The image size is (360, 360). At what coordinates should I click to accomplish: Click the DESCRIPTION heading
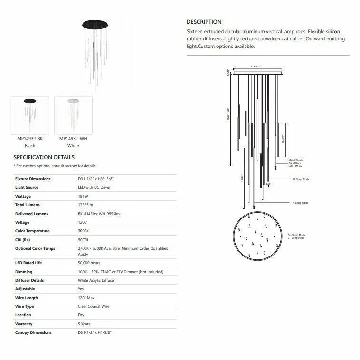click(204, 22)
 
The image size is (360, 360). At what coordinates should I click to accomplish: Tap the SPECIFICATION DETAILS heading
click(44, 157)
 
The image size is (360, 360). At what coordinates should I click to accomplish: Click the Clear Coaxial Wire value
click(94, 306)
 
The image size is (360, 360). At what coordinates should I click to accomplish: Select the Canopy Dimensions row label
click(33, 332)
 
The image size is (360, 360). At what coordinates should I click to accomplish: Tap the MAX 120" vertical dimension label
click(228, 114)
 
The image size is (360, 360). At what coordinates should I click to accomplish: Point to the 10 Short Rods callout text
click(300, 179)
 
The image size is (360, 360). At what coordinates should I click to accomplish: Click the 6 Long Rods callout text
click(300, 203)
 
